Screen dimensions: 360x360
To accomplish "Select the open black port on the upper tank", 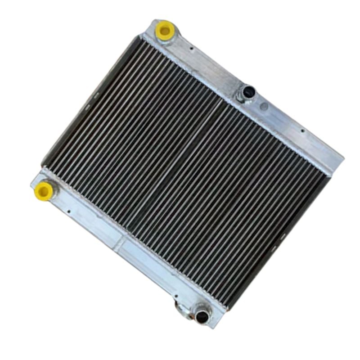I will [247, 93].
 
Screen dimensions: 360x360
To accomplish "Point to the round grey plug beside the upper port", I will [264, 107].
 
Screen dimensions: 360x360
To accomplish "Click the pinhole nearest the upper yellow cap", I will [192, 48].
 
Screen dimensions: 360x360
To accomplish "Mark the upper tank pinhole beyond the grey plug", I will [302, 131].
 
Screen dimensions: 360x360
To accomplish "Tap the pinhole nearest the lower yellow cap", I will [68, 210].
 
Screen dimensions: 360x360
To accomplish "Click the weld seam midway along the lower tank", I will [117, 246].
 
